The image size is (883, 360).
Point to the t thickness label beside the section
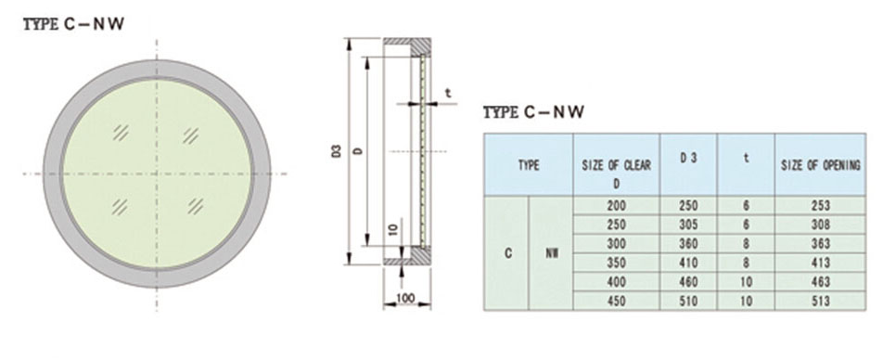click(x=447, y=93)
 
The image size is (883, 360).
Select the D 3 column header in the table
click(x=688, y=159)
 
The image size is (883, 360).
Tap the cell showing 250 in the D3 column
click(x=688, y=205)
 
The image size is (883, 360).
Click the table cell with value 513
click(x=818, y=301)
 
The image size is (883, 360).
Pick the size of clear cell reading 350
click(x=616, y=263)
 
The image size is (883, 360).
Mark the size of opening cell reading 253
click(x=818, y=205)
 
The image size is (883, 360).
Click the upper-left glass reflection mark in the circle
click(x=121, y=133)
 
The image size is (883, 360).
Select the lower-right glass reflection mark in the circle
click(x=195, y=203)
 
